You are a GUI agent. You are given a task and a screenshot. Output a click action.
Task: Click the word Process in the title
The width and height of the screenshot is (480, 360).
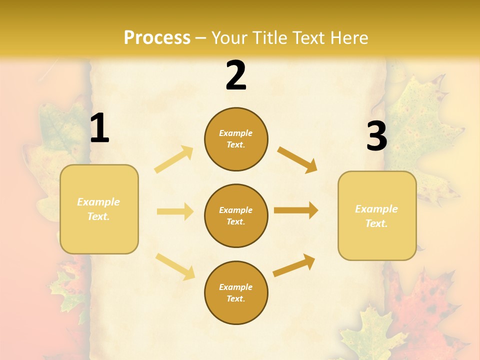tap(157, 38)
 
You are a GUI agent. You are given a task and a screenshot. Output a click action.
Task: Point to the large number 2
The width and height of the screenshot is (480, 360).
tap(236, 75)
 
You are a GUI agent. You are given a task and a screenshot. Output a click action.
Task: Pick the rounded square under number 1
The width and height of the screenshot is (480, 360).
tap(99, 209)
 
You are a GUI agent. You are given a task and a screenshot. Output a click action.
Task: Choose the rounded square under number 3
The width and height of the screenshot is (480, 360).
tap(377, 215)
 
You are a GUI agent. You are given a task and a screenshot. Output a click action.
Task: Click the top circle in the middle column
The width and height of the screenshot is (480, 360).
tap(236, 139)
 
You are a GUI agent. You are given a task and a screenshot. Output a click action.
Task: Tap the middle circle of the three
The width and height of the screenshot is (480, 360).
tap(236, 215)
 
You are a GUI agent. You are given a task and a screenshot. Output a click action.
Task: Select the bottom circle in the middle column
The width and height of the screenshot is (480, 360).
tap(236, 292)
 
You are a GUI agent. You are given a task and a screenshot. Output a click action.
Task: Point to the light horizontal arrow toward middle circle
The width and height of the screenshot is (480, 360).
tap(175, 212)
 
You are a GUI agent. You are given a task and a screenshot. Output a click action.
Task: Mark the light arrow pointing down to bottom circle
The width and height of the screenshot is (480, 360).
tap(175, 266)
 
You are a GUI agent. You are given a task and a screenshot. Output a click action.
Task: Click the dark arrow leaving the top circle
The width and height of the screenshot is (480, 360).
tap(297, 159)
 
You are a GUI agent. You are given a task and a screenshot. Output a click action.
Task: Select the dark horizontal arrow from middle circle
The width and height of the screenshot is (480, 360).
tap(296, 210)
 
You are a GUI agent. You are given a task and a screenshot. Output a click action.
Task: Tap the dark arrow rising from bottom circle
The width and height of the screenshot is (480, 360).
tap(294, 265)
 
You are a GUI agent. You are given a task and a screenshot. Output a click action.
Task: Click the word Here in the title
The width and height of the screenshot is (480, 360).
tap(349, 38)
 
